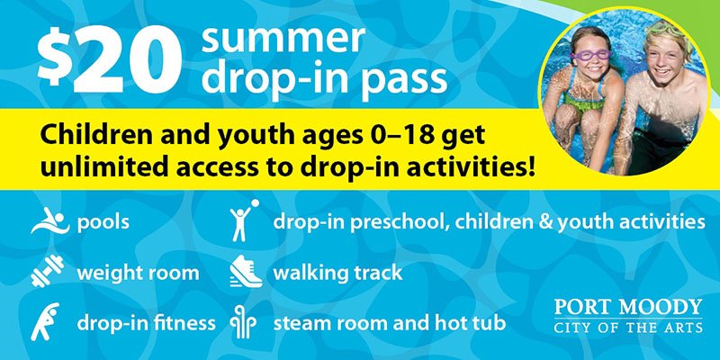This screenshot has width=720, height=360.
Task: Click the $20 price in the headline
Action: [x=109, y=60]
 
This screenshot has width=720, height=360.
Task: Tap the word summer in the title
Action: [x=283, y=38]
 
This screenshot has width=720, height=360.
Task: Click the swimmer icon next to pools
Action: [x=49, y=220]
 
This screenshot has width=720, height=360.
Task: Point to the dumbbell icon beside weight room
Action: [x=48, y=271]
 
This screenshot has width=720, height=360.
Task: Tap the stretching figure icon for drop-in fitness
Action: [x=44, y=321]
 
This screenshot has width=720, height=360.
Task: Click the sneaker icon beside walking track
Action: [x=246, y=272]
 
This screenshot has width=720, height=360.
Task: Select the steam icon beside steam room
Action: [x=243, y=322]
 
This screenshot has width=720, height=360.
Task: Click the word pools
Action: [x=103, y=222]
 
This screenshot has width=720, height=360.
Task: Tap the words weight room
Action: [x=138, y=274]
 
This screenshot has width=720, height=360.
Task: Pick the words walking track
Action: [x=337, y=274]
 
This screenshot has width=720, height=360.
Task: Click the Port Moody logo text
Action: [x=628, y=307]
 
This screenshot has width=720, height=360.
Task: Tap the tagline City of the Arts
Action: [x=628, y=328]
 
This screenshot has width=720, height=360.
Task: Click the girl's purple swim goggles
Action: [x=591, y=55]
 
